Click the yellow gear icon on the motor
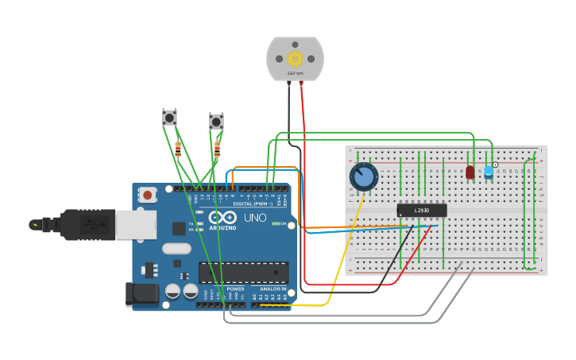point(295,58)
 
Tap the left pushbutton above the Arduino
point(169,118)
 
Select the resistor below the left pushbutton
point(178,148)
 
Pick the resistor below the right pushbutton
point(217,148)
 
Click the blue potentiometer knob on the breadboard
point(364,176)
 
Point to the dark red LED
point(470,172)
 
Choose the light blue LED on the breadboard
point(488,171)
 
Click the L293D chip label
point(422,211)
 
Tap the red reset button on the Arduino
point(148,194)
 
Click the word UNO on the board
point(254,218)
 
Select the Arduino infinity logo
point(222,216)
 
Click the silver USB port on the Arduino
point(136,225)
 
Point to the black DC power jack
point(142,294)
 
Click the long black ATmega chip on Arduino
point(243,273)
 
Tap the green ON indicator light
point(275,224)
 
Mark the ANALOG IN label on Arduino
point(273,289)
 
